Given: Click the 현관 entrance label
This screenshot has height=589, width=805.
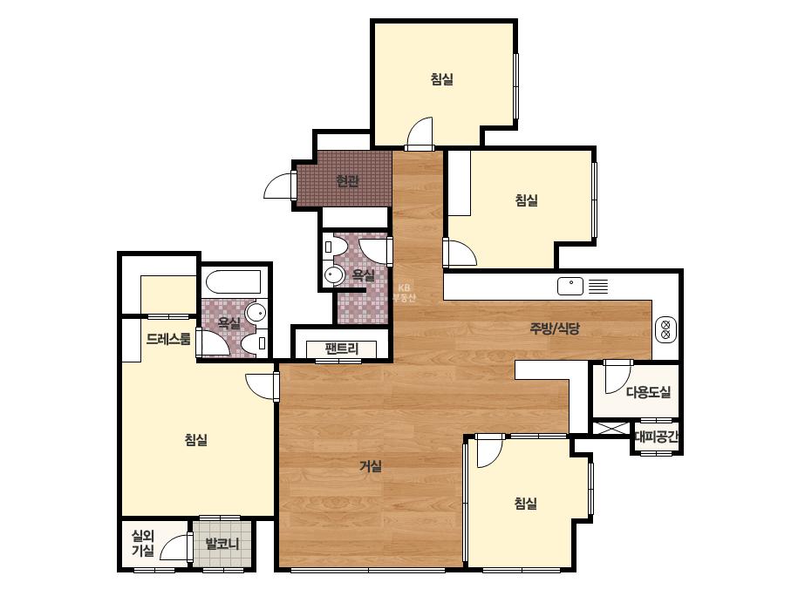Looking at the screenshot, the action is [x=347, y=181].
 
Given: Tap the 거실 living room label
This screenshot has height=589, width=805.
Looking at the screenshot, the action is [x=370, y=466].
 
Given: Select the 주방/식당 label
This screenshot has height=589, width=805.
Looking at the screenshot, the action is [x=555, y=328].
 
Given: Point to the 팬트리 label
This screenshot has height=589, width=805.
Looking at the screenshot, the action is [x=341, y=349].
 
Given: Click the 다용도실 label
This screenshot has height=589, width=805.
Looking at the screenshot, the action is [x=648, y=392].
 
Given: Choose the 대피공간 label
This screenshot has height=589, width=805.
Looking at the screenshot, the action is [x=657, y=437].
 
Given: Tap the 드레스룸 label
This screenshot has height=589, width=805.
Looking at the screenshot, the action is [x=168, y=339].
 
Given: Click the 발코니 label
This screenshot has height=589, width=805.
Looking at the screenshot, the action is [x=222, y=544].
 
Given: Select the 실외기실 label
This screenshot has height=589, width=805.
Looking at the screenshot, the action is [x=143, y=544].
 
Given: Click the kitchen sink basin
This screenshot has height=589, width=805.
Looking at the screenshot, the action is [x=570, y=287].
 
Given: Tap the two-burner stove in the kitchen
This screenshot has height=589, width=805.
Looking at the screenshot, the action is [x=665, y=329].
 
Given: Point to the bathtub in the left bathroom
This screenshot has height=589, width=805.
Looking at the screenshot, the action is [x=233, y=281].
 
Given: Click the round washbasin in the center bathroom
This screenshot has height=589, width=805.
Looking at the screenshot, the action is [x=334, y=275].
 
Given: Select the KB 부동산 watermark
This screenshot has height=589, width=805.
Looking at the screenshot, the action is [x=404, y=293].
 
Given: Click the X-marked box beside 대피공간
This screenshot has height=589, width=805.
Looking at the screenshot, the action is [x=611, y=429].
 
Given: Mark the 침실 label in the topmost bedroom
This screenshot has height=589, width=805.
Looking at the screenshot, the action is [x=441, y=79].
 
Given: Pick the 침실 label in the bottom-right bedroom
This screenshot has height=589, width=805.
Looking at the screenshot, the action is [x=525, y=504].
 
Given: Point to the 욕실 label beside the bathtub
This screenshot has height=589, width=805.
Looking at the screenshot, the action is [x=229, y=322].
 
